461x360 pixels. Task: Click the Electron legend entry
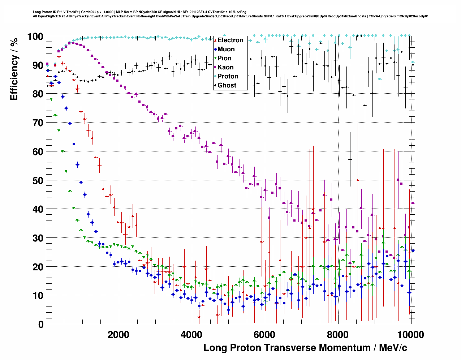230,40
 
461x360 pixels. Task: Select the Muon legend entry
226,49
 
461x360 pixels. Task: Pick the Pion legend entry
224,58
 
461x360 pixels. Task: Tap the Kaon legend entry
225,67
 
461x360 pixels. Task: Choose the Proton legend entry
228,76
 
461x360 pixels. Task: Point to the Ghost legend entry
227,85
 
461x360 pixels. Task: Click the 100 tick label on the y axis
35,37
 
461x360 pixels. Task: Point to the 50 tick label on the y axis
38,181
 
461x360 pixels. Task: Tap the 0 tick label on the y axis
41,325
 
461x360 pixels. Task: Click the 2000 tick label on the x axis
119,335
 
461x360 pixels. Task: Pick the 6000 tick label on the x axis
265,335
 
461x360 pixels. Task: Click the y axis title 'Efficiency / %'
14,69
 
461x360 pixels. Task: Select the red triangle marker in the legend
215,40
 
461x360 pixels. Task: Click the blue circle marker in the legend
215,49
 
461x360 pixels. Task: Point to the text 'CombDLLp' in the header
88,12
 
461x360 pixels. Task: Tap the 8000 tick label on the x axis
338,335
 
